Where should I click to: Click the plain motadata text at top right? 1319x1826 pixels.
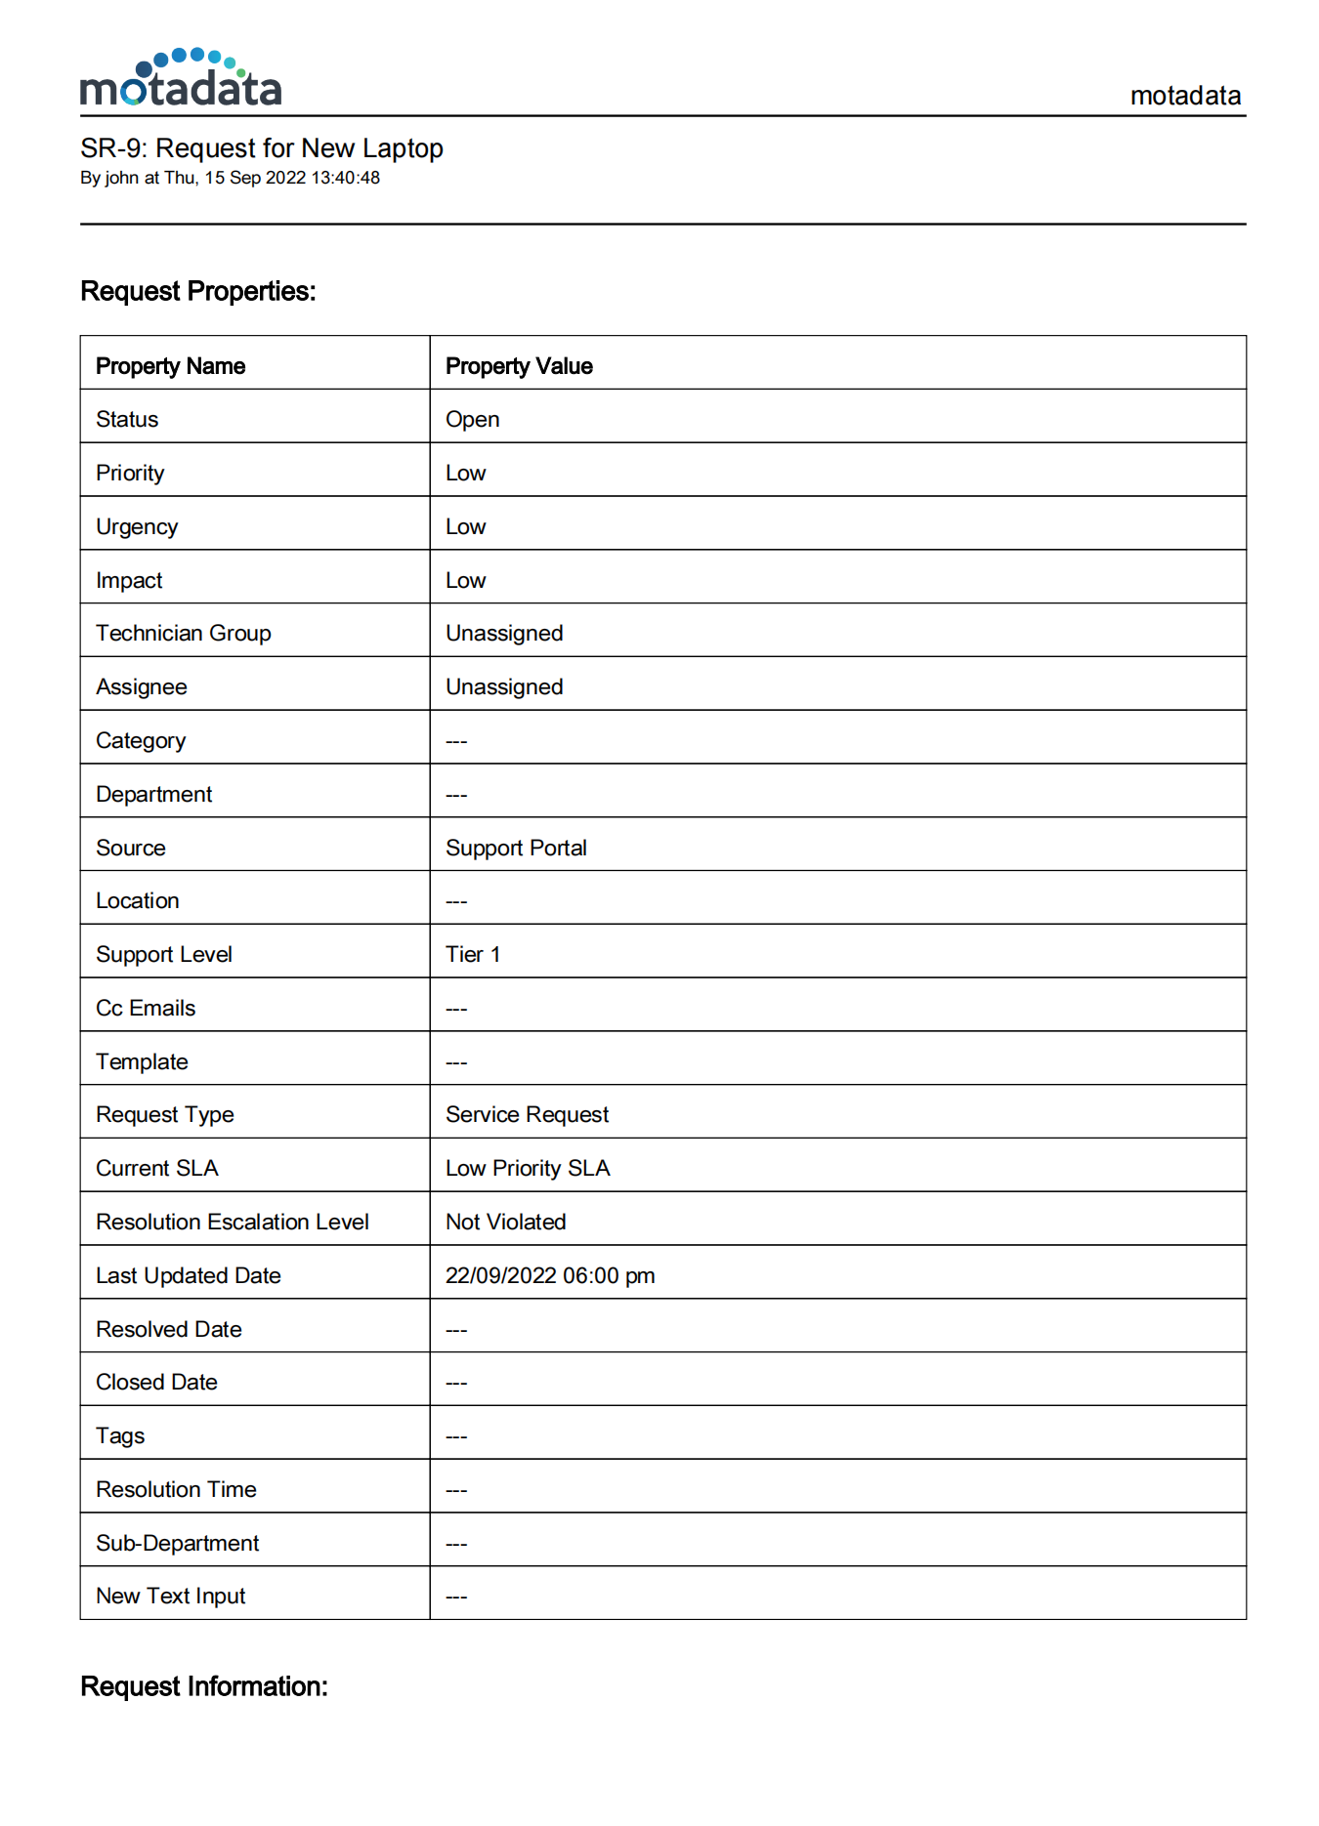click(x=1184, y=96)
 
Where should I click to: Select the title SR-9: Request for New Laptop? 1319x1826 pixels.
click(x=261, y=148)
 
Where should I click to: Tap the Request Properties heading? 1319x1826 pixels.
click(x=197, y=291)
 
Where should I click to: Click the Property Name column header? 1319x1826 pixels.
click(x=170, y=366)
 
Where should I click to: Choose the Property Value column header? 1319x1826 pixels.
click(x=519, y=366)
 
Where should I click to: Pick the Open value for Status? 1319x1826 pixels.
click(x=472, y=420)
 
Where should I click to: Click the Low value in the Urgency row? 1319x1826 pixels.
click(x=465, y=527)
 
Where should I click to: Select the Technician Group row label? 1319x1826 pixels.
click(x=183, y=634)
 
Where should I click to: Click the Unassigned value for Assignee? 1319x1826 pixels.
click(x=504, y=687)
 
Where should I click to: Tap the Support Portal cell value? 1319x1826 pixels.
click(x=516, y=849)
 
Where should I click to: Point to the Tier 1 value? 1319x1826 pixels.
click(x=473, y=955)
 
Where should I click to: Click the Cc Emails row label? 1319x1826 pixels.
click(x=146, y=1009)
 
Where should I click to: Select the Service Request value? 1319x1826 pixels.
click(x=527, y=1115)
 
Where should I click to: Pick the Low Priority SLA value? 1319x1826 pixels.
click(x=528, y=1169)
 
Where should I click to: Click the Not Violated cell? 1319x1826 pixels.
click(x=505, y=1223)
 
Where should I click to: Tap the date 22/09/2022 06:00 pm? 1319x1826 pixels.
click(x=550, y=1276)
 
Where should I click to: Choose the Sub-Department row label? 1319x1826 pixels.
click(x=177, y=1544)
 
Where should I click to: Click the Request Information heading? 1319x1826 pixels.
click(x=203, y=1686)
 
